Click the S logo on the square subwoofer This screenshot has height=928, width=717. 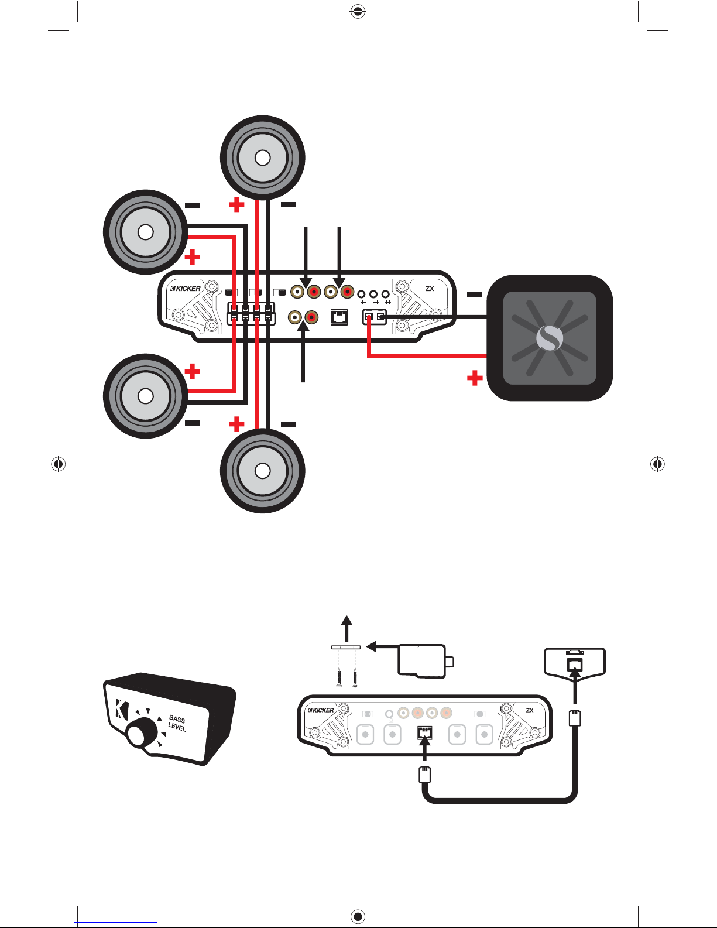[549, 338]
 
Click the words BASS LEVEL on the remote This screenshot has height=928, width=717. [177, 723]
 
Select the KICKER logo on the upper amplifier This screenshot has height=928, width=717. [186, 289]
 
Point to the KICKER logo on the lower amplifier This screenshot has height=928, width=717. [321, 710]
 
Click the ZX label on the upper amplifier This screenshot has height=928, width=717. [430, 289]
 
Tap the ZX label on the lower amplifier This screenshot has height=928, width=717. [530, 710]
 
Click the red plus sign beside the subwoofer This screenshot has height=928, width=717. [475, 378]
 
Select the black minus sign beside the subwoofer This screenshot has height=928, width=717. [475, 294]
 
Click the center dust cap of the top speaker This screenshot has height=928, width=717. [262, 157]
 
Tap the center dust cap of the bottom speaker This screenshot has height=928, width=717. [262, 471]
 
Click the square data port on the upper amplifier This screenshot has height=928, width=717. [339, 317]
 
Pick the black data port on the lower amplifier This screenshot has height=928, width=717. [424, 733]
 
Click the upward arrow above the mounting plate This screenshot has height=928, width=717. [347, 629]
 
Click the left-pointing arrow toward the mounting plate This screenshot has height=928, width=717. [382, 646]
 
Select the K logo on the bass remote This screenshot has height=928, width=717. [121, 708]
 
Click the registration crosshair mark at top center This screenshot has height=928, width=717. [358, 12]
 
